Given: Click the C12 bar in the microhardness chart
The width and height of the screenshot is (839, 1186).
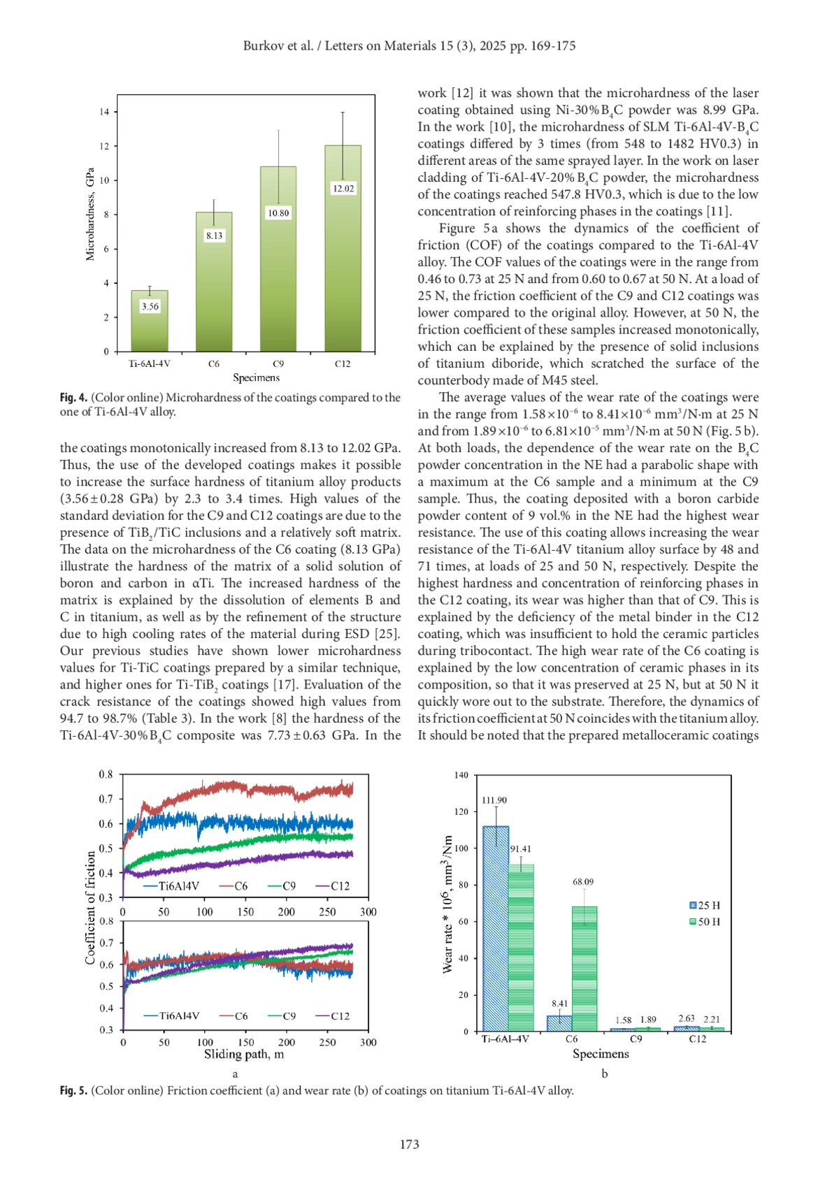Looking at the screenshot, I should click(x=343, y=266).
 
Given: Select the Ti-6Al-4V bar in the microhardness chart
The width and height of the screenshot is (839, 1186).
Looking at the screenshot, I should click(x=150, y=328).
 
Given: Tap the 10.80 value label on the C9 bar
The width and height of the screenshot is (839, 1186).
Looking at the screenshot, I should click(x=278, y=213).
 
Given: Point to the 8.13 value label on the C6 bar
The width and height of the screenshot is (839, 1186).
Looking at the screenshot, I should click(x=214, y=236).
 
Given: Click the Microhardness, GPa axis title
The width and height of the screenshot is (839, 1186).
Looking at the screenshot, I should click(x=89, y=215).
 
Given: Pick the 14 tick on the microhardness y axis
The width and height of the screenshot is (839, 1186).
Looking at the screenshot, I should click(x=104, y=112).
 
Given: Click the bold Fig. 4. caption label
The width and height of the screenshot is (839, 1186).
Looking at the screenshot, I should click(x=73, y=398).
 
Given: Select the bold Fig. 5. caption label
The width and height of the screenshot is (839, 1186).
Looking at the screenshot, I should click(x=73, y=1090).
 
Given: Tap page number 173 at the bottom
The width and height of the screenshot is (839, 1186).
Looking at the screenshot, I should click(x=409, y=1144).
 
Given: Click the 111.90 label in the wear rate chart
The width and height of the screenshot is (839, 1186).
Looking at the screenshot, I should click(x=494, y=800).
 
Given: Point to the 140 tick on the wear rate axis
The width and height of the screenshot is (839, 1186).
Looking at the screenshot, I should click(x=461, y=775).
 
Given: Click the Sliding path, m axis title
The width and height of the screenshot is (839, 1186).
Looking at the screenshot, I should click(x=244, y=1054).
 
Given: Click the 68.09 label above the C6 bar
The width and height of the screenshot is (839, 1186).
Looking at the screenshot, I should click(x=583, y=882).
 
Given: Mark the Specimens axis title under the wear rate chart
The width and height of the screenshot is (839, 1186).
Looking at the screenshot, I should click(x=601, y=1053).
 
